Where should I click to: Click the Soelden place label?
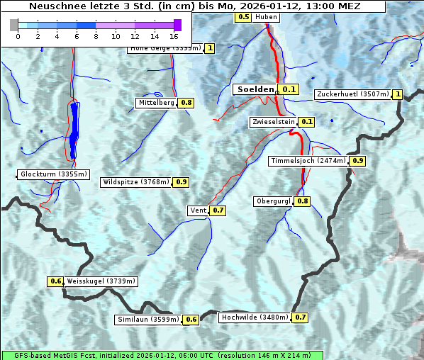pyautogui.click(x=255, y=89)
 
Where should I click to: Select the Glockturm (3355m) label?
pyautogui.click(x=54, y=174)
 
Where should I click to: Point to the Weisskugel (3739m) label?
pyautogui.click(x=101, y=281)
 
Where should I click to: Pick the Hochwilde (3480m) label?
pyautogui.click(x=255, y=317)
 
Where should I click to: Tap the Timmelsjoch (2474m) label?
pyautogui.click(x=308, y=161)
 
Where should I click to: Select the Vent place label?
pyautogui.click(x=198, y=210)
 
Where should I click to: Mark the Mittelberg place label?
pyautogui.click(x=156, y=103)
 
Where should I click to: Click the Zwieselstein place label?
pyautogui.click(x=272, y=122)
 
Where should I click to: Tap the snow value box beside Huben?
pyautogui.click(x=242, y=16)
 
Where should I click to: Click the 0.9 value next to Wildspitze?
pyautogui.click(x=182, y=182)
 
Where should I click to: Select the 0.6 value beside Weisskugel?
pyautogui.click(x=56, y=281)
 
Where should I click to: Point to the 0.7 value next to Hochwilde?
pyautogui.click(x=301, y=317)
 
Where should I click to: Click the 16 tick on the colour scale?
pyautogui.click(x=174, y=36)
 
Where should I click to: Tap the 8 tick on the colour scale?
pyautogui.click(x=96, y=36)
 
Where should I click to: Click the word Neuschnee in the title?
pyautogui.click(x=53, y=6)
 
